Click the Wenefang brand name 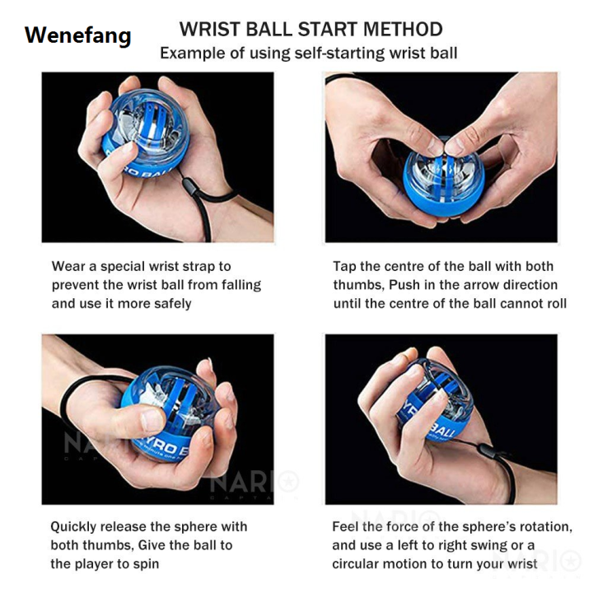tap(77, 35)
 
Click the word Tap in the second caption tap(345, 266)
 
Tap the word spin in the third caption tap(145, 563)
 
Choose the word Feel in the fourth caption tap(347, 526)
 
